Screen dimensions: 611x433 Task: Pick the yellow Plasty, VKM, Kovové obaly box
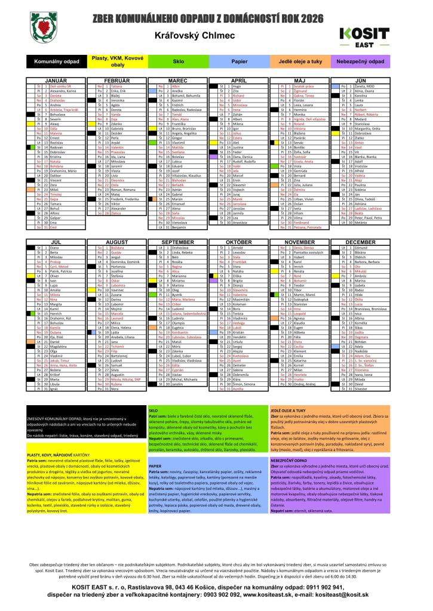pyautogui.click(x=118, y=61)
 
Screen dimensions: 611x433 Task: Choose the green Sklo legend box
pyautogui.click(x=178, y=61)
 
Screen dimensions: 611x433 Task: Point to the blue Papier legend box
pyautogui.click(x=239, y=61)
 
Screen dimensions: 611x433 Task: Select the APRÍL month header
pyautogui.click(x=239, y=79)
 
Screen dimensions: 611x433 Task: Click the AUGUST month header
pyautogui.click(x=117, y=243)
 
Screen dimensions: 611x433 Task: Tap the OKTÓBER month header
pyautogui.click(x=239, y=243)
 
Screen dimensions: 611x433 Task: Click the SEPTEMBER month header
pyautogui.click(x=178, y=243)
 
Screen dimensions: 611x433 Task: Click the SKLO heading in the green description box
pyautogui.click(x=153, y=411)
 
